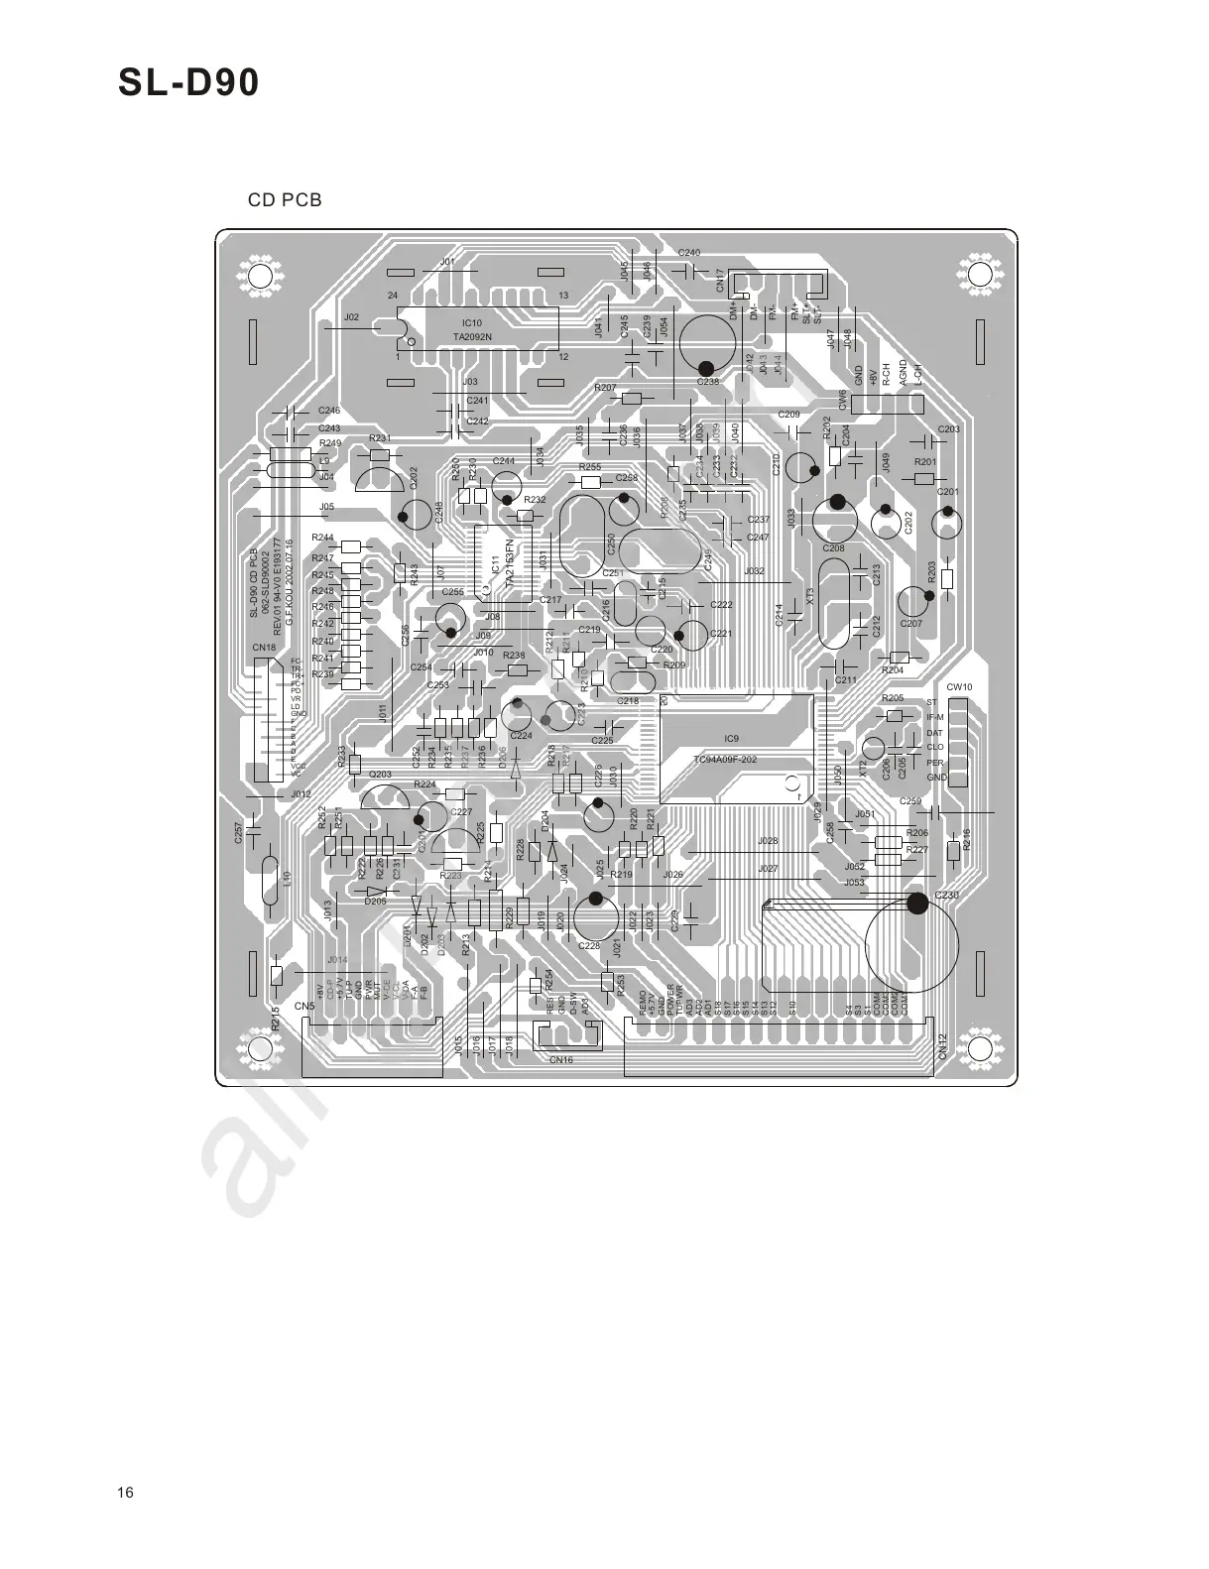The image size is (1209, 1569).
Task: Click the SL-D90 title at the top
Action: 188,84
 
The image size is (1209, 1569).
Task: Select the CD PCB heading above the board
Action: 285,200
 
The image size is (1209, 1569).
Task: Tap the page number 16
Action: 124,1494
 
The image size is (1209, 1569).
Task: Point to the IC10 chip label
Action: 472,323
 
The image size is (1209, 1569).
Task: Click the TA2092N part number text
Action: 472,337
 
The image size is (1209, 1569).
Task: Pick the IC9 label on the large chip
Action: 731,739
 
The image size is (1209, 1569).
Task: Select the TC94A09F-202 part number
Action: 725,760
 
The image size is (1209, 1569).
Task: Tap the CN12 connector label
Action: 943,1046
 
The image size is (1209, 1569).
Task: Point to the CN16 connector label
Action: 560,1060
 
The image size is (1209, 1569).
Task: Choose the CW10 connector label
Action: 959,687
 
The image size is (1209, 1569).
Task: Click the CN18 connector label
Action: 264,649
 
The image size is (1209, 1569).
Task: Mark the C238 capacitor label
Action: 707,382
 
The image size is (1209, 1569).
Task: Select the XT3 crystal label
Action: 810,597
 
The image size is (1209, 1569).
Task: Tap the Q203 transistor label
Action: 380,775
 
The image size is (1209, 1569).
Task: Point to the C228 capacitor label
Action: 589,946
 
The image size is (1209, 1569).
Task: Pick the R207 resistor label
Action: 605,388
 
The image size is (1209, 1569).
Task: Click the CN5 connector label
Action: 304,1007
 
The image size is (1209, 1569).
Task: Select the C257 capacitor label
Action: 238,833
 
